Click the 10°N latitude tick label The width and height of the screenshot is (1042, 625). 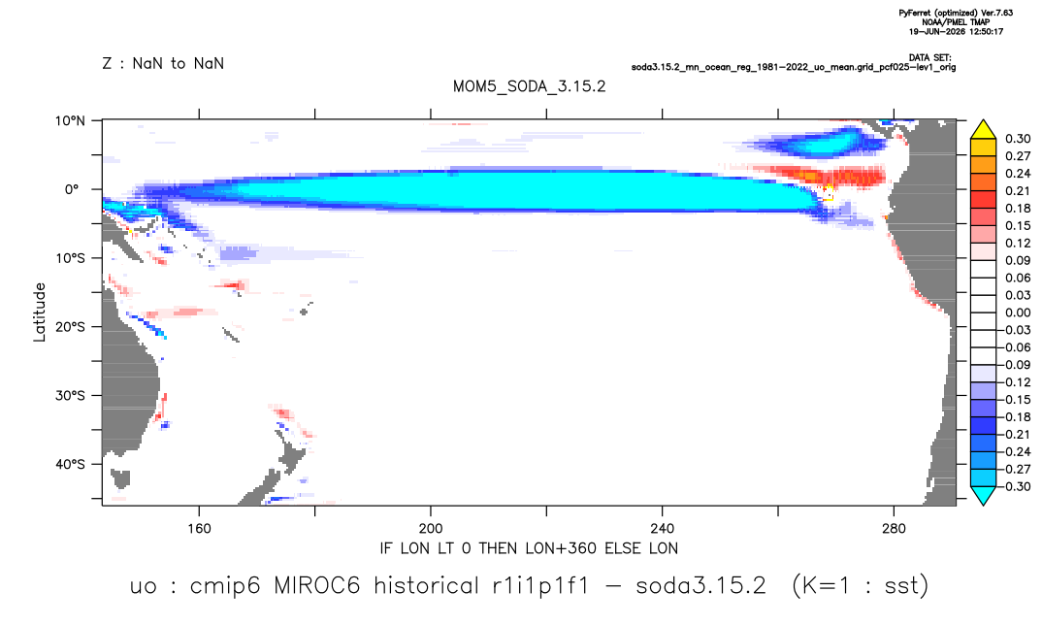[x=70, y=121]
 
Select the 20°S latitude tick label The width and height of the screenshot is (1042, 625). [x=70, y=327]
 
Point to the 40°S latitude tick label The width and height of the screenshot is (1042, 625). [x=70, y=464]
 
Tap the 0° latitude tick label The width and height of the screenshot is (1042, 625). [x=72, y=189]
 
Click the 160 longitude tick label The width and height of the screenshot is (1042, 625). [x=199, y=529]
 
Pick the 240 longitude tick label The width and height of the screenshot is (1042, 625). [x=663, y=529]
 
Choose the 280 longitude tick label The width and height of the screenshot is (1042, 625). [x=894, y=529]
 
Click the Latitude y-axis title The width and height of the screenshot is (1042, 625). [x=40, y=312]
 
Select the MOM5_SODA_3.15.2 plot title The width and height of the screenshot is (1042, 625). [x=530, y=87]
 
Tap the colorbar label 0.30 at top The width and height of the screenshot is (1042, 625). [x=1018, y=139]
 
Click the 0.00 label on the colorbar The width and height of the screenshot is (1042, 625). [x=1018, y=312]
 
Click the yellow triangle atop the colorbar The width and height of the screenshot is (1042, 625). [x=983, y=130]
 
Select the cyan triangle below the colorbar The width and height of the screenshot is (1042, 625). [x=983, y=495]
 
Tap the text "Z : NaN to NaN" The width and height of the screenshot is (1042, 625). [x=163, y=64]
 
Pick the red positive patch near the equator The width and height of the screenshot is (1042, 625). [x=830, y=177]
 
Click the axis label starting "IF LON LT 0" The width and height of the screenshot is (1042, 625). [x=529, y=549]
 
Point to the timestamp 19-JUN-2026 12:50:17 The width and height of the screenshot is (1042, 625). [x=956, y=31]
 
